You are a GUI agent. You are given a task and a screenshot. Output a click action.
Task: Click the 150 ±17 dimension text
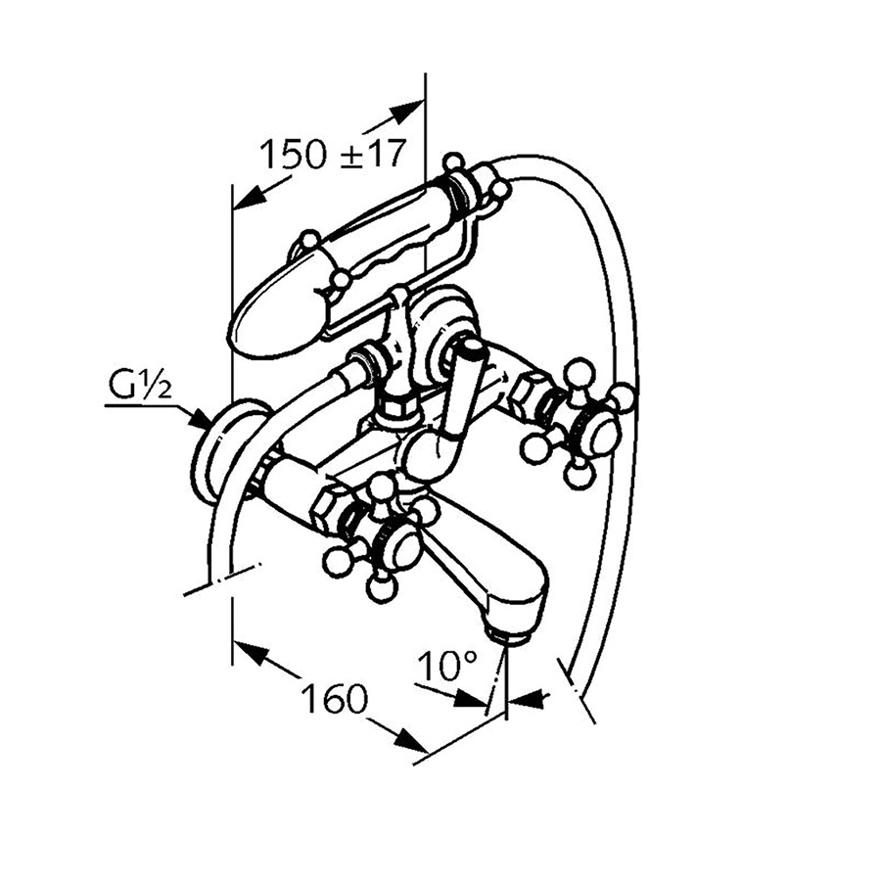pos(331,154)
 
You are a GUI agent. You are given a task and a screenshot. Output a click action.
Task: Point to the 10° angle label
pos(445,668)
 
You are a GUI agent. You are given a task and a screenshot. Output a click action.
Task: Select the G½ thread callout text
pos(138,389)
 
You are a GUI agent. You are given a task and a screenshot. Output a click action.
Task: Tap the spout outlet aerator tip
pos(510,637)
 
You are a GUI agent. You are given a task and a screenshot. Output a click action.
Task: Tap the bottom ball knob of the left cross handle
pos(378,589)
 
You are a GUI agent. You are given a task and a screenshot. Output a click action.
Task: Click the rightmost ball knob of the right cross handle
pos(624,395)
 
